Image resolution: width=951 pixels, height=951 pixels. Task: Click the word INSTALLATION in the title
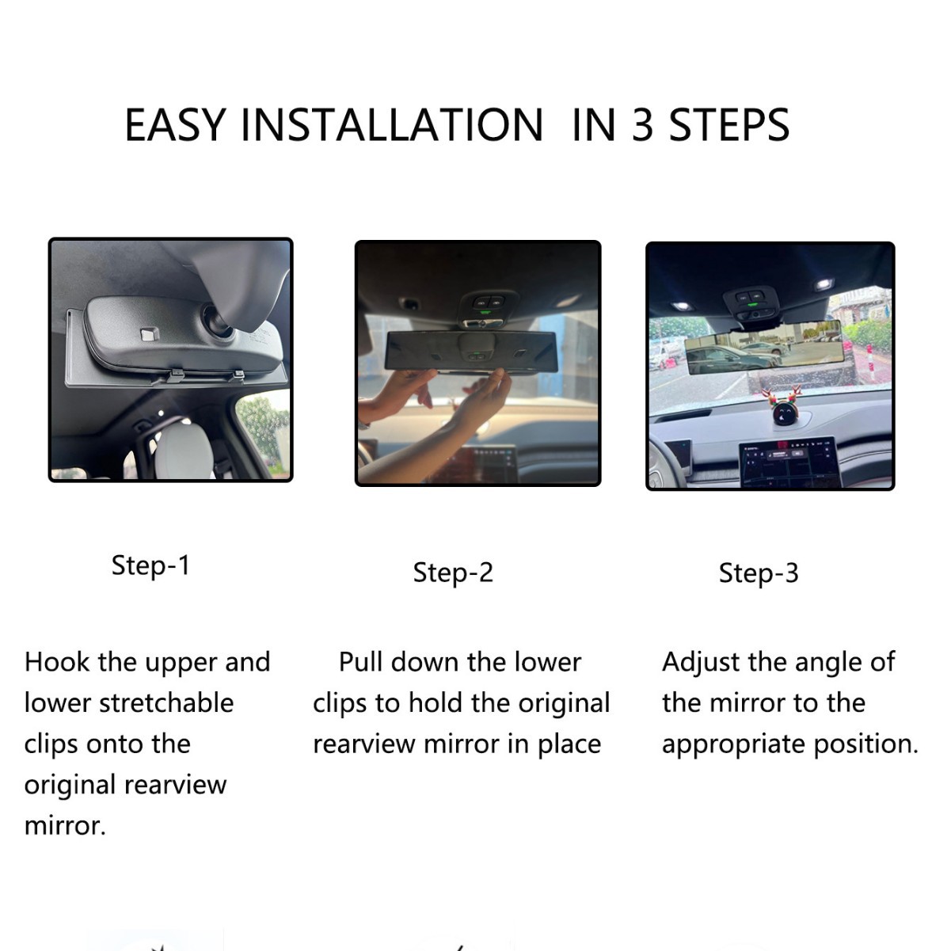[391, 125]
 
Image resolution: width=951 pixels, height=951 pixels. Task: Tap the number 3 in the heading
[642, 125]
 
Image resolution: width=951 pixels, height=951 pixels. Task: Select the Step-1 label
[150, 565]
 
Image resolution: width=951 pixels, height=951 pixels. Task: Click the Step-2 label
[453, 573]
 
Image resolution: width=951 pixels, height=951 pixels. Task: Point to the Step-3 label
[759, 573]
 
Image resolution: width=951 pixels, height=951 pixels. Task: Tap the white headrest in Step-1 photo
[187, 440]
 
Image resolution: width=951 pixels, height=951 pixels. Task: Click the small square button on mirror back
[148, 334]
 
